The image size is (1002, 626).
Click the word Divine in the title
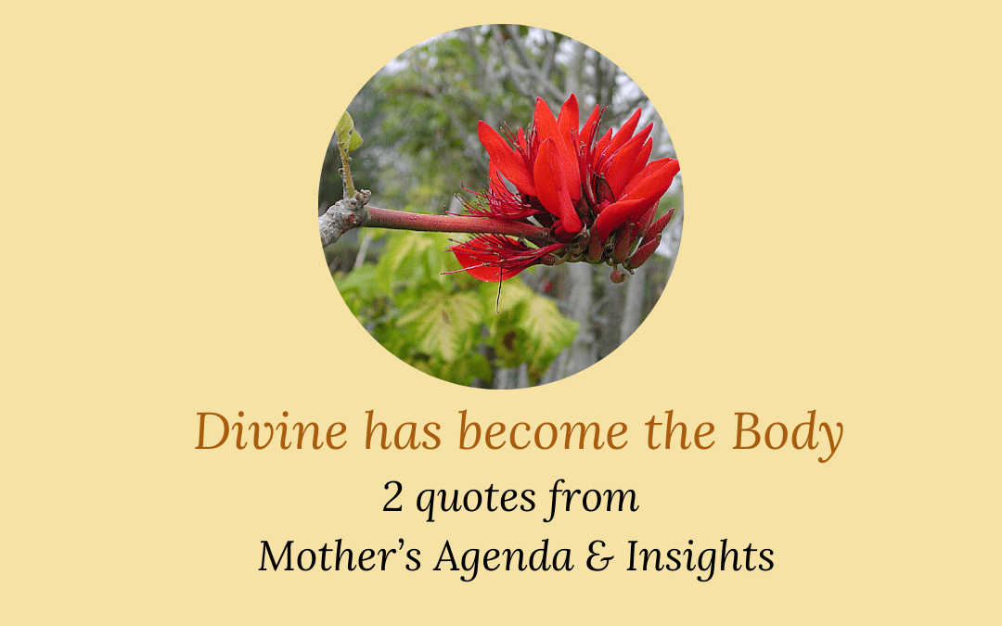271,431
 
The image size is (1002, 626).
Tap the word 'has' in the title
403,431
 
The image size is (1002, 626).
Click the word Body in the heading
788,434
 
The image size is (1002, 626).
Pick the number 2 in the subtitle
392,498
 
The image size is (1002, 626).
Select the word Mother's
340,556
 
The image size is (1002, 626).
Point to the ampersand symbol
599,556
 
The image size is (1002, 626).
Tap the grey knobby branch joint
344,216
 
